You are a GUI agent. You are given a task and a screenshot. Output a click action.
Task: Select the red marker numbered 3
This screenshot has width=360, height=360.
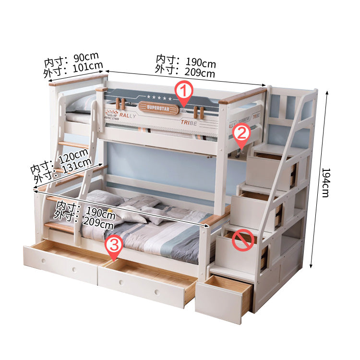pyautogui.click(x=114, y=247)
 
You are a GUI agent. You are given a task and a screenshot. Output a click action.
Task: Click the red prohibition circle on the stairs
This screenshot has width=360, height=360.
pyautogui.click(x=243, y=240)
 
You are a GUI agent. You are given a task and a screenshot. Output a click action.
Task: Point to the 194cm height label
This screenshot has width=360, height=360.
pyautogui.click(x=326, y=183)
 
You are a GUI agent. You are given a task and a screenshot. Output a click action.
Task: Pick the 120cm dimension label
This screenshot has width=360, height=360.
pyautogui.click(x=73, y=156)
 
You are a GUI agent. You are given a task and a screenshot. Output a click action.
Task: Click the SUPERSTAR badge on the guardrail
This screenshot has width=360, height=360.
pyautogui.click(x=158, y=108)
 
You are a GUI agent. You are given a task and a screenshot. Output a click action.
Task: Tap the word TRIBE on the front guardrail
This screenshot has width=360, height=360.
pyautogui.click(x=189, y=122)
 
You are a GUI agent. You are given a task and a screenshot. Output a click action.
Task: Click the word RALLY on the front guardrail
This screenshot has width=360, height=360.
pyautogui.click(x=128, y=116)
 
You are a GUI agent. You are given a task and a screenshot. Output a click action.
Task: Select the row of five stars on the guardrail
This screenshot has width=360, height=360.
pyautogui.click(x=159, y=98)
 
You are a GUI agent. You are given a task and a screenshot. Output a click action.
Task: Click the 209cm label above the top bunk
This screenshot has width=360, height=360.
pyautogui.click(x=200, y=72)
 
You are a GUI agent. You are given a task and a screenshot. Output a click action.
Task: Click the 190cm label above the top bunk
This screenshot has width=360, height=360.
pyautogui.click(x=201, y=62)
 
